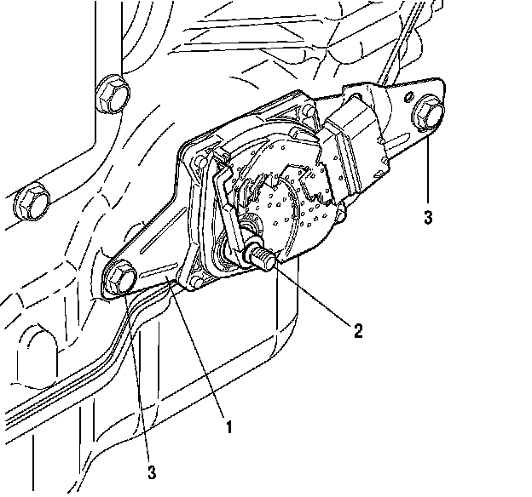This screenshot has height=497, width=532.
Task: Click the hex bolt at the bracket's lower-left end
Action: (119, 277)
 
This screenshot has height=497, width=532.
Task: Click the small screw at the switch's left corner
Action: (197, 159)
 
